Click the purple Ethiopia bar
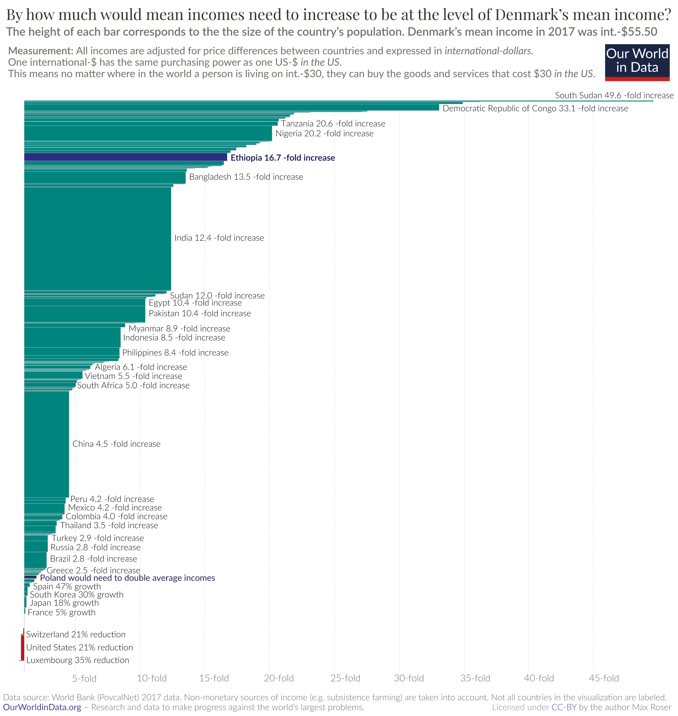coord(125,157)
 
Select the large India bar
coord(97,238)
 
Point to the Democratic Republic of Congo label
coord(535,108)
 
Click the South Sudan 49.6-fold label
coord(614,95)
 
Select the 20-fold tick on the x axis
coord(279,678)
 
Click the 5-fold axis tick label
coord(84,678)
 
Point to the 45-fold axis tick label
coord(604,678)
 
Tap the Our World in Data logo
coord(637,62)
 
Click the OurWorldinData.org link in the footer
coord(42,707)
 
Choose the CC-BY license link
coord(564,707)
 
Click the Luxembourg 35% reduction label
coord(77,660)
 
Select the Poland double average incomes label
coord(127,578)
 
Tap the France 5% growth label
coord(62,612)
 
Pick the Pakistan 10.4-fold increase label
coord(199,313)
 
